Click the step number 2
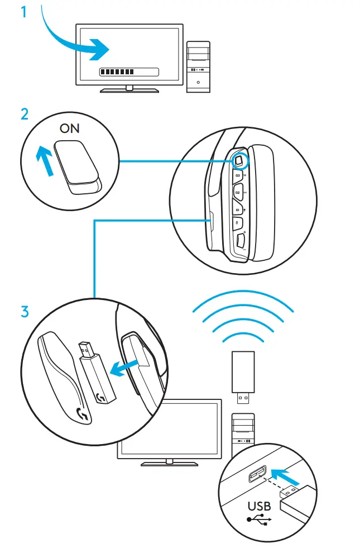coord(25,114)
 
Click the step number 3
coord(25,311)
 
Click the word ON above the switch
coord(70,129)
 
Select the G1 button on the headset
coord(237,210)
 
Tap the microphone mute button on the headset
coord(238,225)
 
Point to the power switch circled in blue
coord(239,160)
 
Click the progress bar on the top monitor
coord(128,72)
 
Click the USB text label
coord(260,506)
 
